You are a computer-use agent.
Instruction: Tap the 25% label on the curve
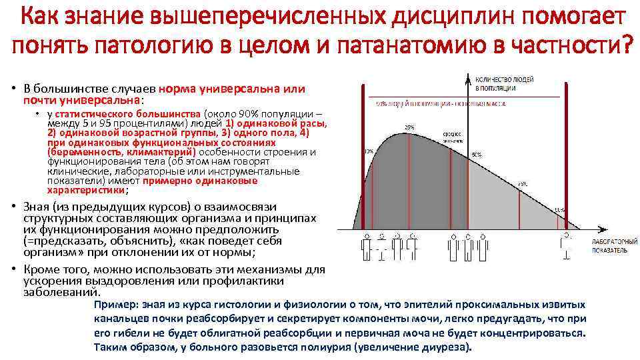409,126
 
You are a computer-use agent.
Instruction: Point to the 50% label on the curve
476,154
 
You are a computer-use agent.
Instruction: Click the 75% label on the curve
522,183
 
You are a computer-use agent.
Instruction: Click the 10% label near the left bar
369,151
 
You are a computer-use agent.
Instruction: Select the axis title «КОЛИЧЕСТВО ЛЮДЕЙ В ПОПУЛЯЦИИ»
505,83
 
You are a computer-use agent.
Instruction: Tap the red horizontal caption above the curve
439,103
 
